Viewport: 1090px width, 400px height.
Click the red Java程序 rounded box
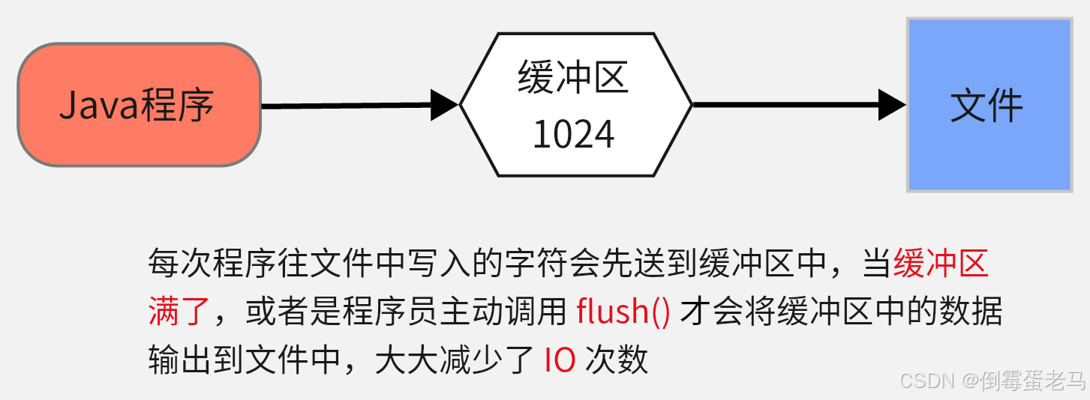140,105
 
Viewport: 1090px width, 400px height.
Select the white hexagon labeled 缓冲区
575,105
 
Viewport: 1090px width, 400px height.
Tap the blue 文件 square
989,105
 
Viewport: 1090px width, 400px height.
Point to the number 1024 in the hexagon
574,135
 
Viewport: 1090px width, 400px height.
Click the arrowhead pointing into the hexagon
445,104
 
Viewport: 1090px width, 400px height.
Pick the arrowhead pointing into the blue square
892,104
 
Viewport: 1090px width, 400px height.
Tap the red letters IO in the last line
560,360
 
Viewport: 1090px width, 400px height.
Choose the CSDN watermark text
926,381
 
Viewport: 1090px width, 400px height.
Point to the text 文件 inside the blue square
987,106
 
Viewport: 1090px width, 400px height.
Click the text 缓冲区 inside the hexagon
573,78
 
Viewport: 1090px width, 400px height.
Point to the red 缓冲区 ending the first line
942,264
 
